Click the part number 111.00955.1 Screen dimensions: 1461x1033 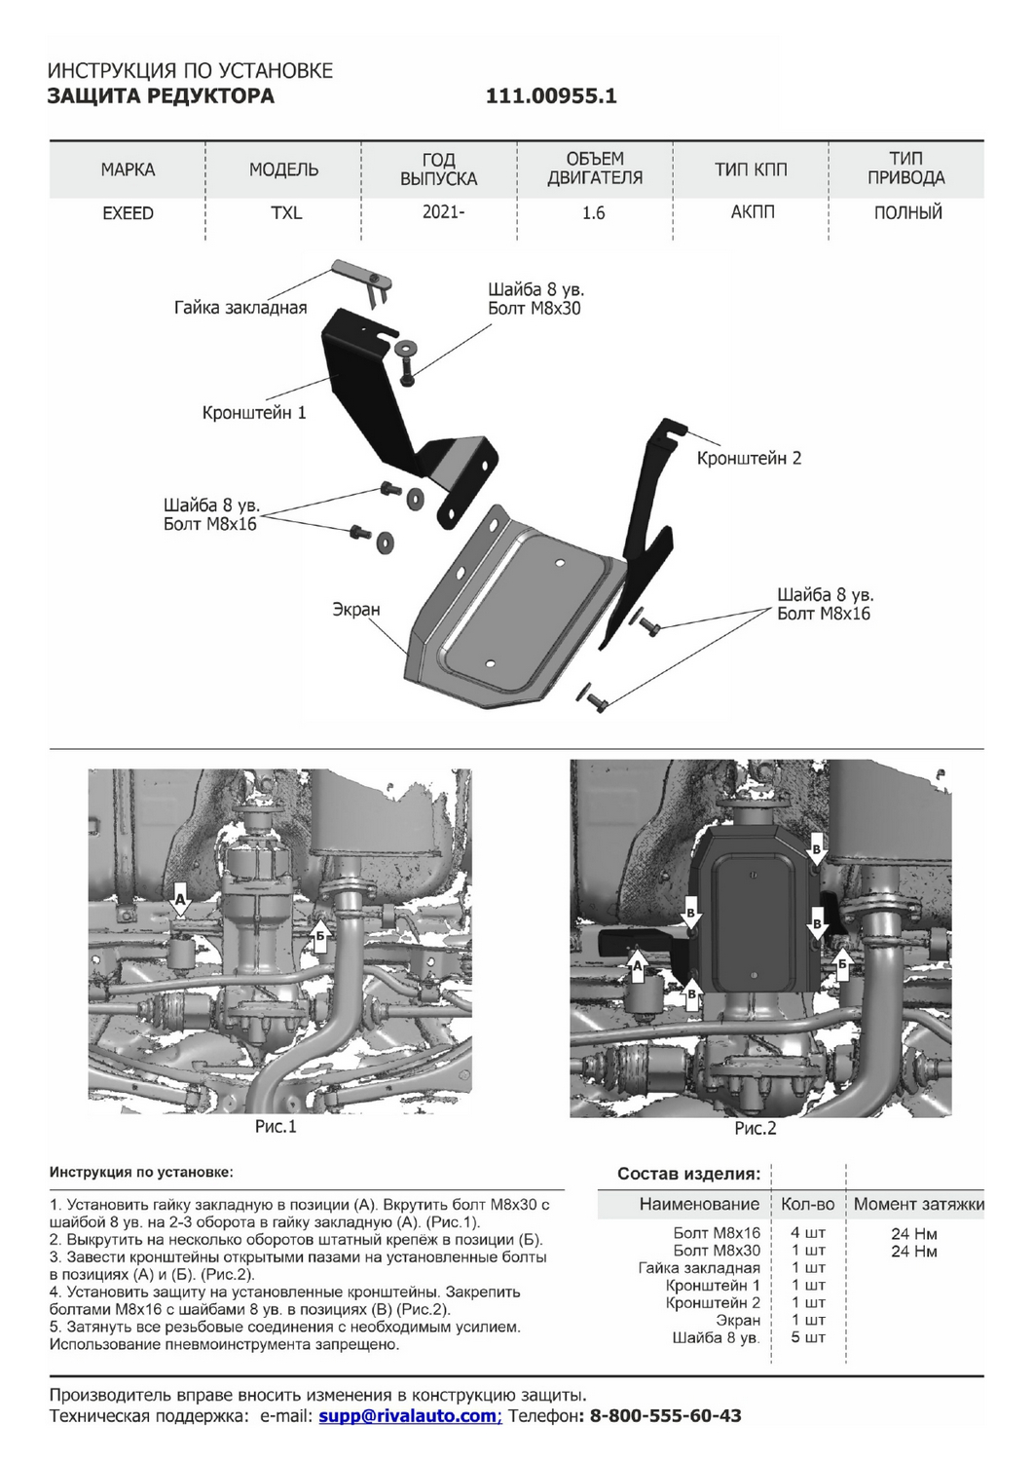click(551, 95)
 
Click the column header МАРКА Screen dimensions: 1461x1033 click(128, 169)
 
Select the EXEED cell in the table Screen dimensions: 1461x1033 click(128, 213)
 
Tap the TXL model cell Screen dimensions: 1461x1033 click(286, 213)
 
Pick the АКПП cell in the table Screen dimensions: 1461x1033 click(753, 212)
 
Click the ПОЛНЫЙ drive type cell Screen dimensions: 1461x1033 click(907, 212)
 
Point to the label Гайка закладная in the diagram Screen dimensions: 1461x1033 click(240, 308)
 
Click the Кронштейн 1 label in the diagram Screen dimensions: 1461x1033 click(254, 413)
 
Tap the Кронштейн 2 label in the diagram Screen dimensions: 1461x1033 click(749, 458)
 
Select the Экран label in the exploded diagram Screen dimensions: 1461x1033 click(356, 610)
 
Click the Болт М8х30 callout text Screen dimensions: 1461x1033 click(534, 309)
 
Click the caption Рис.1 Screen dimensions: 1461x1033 click(276, 1127)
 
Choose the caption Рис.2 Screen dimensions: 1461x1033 click(756, 1129)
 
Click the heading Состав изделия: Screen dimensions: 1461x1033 click(688, 1174)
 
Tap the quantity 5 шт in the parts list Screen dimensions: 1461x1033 click(808, 1337)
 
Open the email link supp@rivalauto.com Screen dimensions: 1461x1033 click(408, 1416)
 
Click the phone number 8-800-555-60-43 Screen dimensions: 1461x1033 click(665, 1416)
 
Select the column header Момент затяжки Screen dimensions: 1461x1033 click(918, 1204)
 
